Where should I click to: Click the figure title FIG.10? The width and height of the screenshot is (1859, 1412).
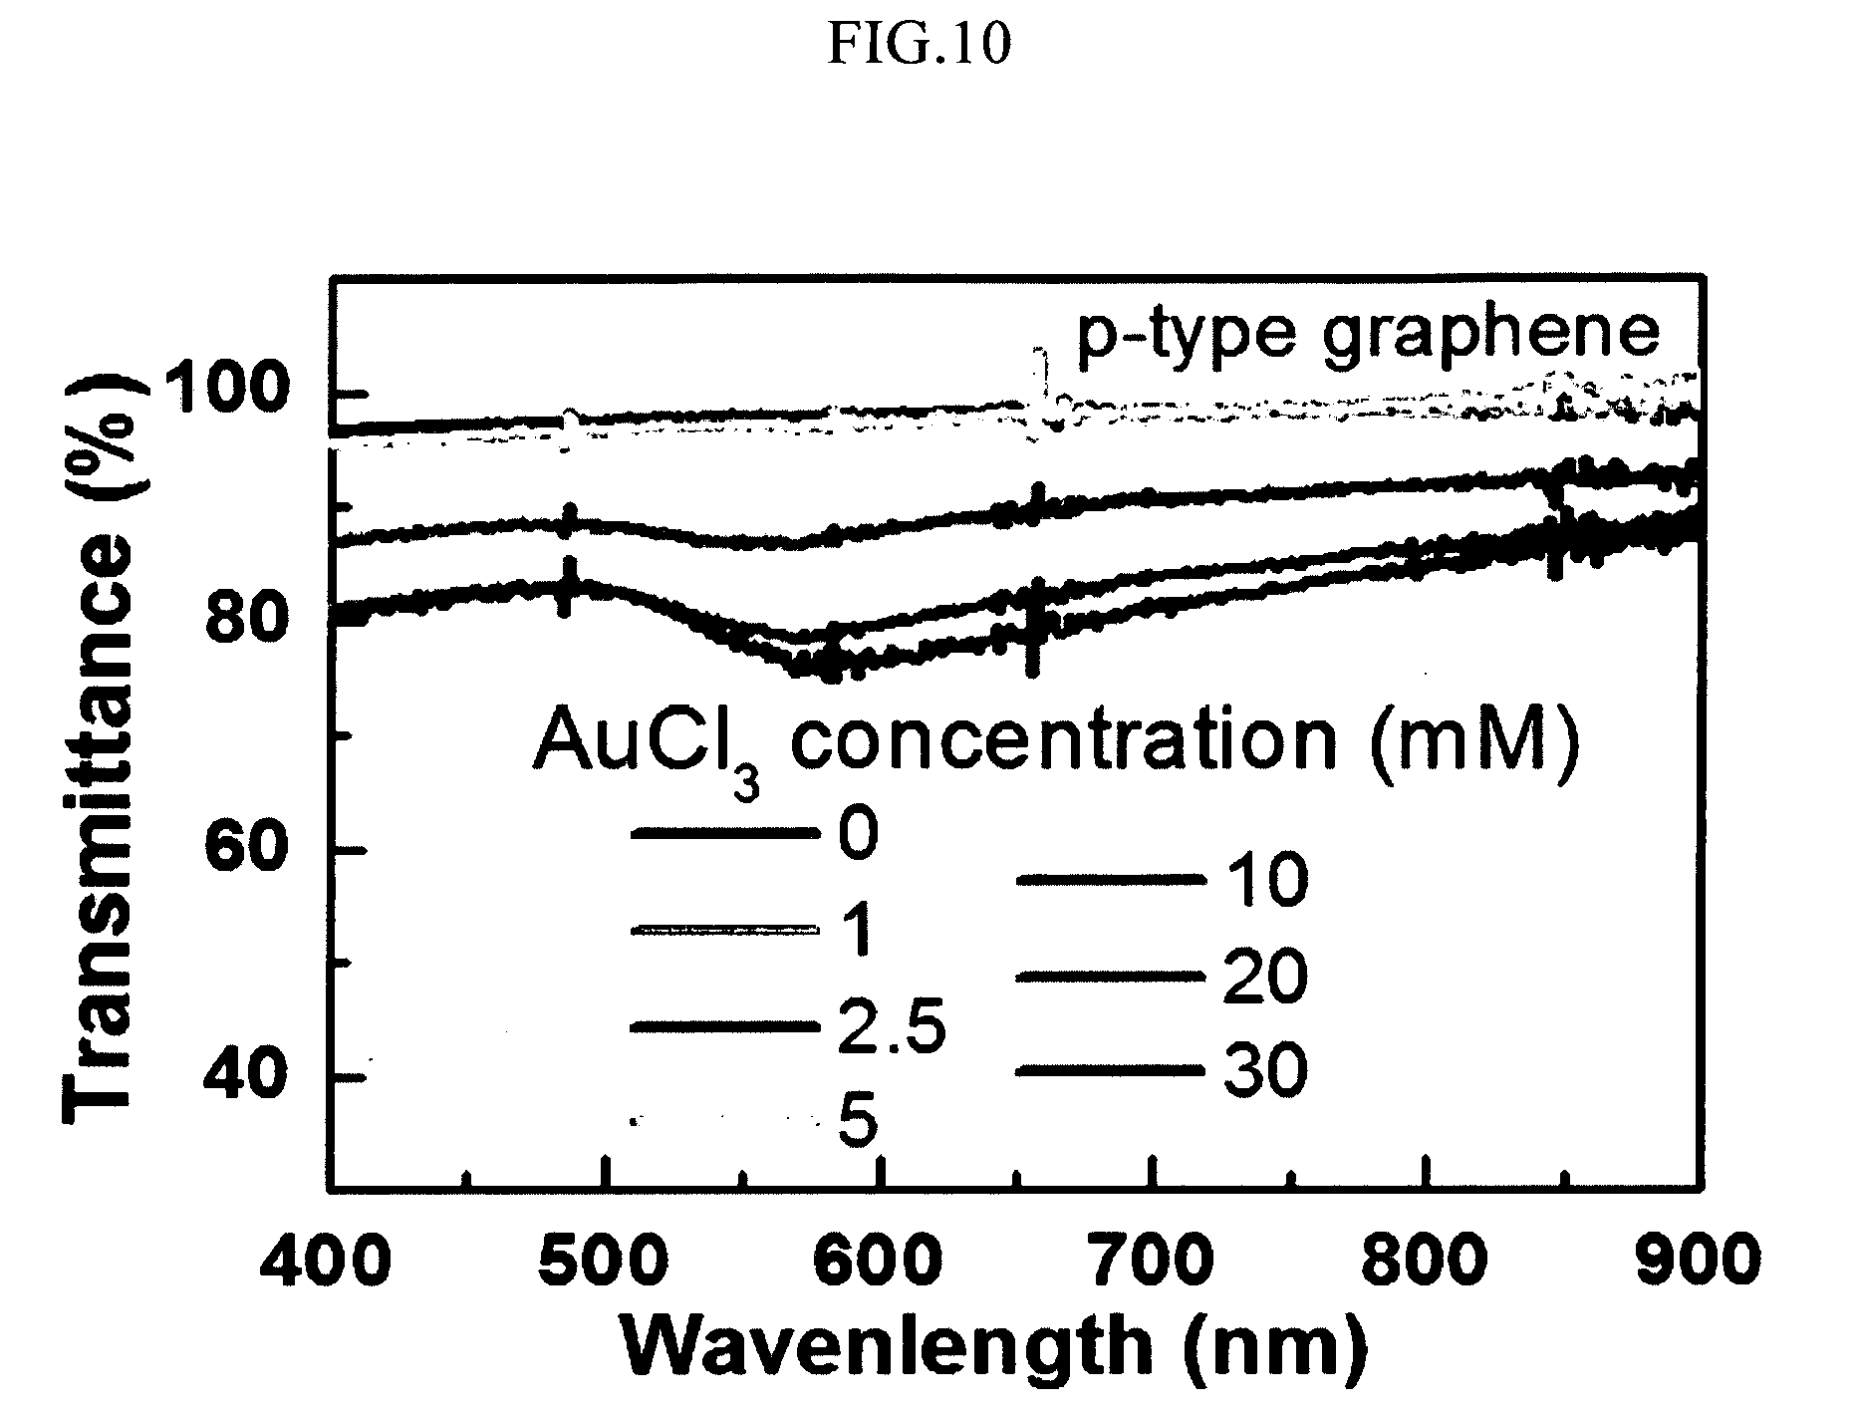click(918, 45)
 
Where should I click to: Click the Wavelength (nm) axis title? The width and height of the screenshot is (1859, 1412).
click(991, 1348)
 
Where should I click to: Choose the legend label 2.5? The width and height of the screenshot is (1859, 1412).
click(890, 1028)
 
